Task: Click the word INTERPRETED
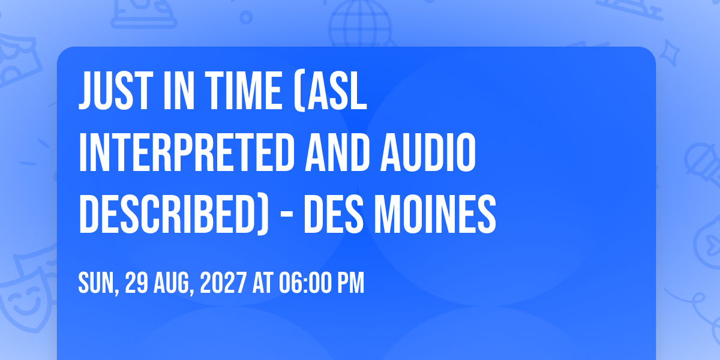[x=187, y=152]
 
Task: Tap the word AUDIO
[x=428, y=152]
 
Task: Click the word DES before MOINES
[x=334, y=214]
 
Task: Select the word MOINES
[x=435, y=214]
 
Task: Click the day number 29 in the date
[x=137, y=283]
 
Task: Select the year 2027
[x=223, y=283]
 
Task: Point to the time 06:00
[x=305, y=283]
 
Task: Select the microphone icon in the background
[x=703, y=164]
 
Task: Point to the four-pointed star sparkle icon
[x=670, y=53]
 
